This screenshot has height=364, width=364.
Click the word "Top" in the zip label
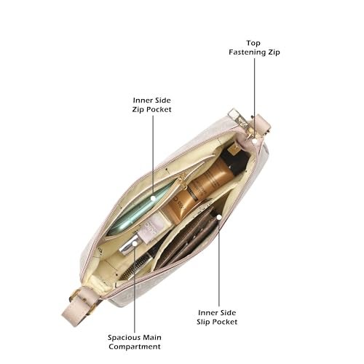(x=253, y=43)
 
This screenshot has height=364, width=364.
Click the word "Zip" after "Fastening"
(x=273, y=52)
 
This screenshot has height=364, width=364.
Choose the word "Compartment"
(x=135, y=347)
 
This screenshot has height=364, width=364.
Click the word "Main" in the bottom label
(x=152, y=338)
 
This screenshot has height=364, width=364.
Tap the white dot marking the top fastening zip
(x=254, y=141)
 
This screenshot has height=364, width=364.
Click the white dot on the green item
(x=153, y=198)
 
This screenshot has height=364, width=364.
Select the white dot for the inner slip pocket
(x=219, y=217)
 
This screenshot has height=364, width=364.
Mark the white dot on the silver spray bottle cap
(x=134, y=242)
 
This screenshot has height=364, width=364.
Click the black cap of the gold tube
(x=234, y=158)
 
